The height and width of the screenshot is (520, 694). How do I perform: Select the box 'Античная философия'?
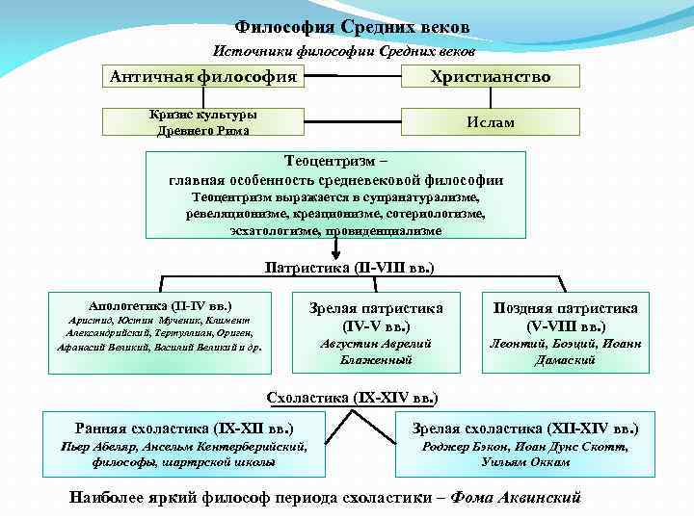[x=203, y=76]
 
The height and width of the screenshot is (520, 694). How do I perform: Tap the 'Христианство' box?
[x=491, y=76]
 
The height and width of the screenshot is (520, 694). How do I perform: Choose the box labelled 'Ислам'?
[x=491, y=122]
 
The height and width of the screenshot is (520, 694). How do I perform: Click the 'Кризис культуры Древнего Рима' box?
[x=202, y=122]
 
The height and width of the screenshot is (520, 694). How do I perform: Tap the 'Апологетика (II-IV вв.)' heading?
[x=159, y=303]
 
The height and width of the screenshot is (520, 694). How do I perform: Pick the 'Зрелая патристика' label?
[x=376, y=308]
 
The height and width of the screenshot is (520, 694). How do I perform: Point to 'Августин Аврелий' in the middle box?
[x=376, y=344]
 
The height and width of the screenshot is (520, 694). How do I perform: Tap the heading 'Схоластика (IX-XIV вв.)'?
[x=351, y=397]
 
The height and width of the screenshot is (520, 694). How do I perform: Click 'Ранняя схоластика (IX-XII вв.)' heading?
[x=184, y=429]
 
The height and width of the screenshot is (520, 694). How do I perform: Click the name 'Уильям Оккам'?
[x=524, y=461]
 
